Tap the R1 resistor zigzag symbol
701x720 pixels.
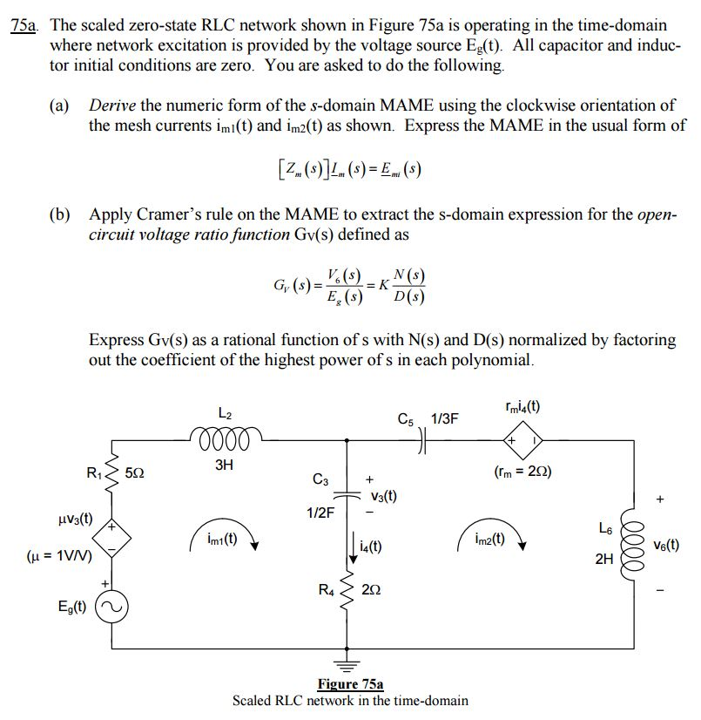tap(111, 475)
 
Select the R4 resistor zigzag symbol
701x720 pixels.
tap(349, 593)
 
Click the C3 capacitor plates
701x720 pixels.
tap(348, 492)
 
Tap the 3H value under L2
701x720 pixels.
tap(224, 465)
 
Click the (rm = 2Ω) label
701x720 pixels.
tap(522, 473)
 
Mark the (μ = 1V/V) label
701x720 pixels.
tap(60, 553)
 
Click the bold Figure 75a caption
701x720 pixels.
tap(350, 684)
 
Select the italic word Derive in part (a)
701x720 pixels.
tap(112, 105)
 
